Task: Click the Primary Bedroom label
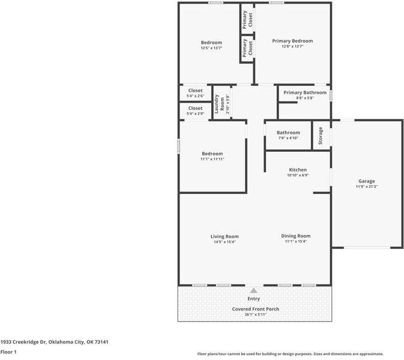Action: tap(292, 41)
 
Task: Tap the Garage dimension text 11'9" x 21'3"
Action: tap(366, 187)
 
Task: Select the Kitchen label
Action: tap(298, 170)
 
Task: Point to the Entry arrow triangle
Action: tap(254, 290)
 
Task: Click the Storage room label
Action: tap(321, 136)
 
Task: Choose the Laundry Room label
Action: tap(219, 104)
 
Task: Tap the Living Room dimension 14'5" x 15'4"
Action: tap(225, 242)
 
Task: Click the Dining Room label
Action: tap(296, 236)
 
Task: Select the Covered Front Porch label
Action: tap(256, 309)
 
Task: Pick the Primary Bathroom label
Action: tap(305, 92)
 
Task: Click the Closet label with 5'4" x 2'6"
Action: tap(195, 91)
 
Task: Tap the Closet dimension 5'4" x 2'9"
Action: tap(195, 113)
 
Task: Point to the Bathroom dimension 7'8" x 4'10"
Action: tap(288, 138)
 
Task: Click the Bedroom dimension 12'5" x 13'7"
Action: tap(211, 48)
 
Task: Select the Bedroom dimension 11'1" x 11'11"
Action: tap(213, 159)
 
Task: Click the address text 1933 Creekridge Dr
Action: tap(23, 342)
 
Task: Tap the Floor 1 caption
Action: tap(8, 352)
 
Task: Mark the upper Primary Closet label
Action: tap(247, 20)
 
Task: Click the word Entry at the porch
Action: tap(254, 299)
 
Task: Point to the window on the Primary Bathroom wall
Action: tap(331, 95)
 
